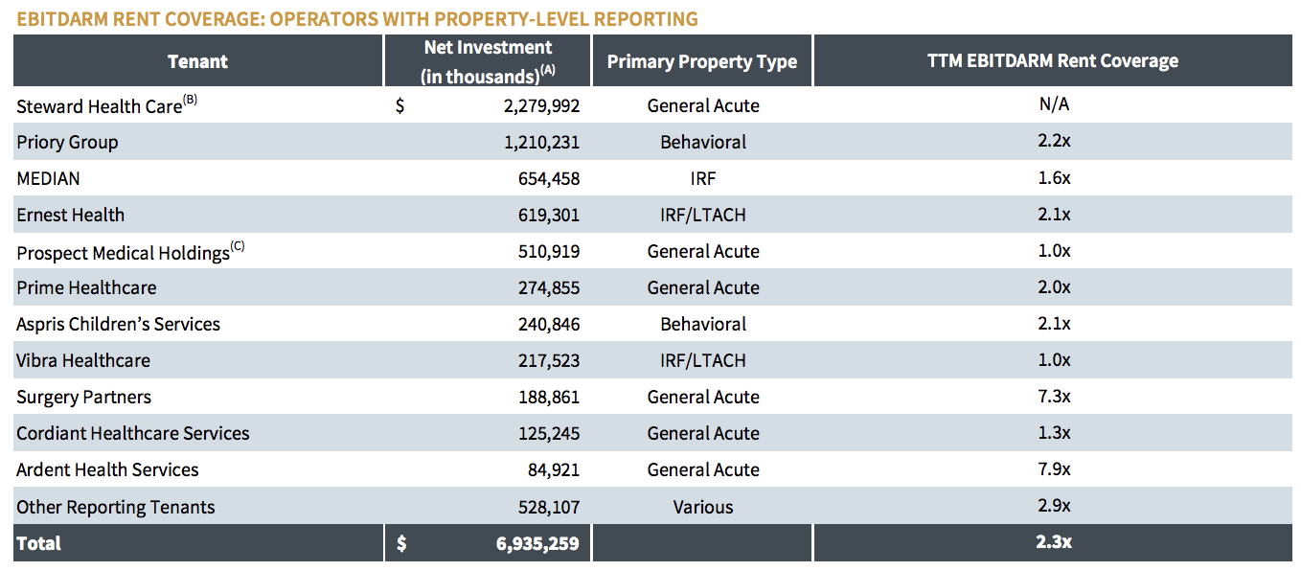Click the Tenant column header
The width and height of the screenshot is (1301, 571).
pyautogui.click(x=197, y=61)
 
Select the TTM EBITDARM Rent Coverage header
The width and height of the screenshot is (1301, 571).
pyautogui.click(x=1052, y=61)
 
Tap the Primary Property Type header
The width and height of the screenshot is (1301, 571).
pyautogui.click(x=701, y=61)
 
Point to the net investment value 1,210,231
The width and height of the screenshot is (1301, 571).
pyautogui.click(x=541, y=142)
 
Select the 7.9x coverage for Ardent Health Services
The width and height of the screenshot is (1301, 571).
pyautogui.click(x=1054, y=469)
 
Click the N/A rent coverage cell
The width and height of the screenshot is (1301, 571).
pyautogui.click(x=1054, y=104)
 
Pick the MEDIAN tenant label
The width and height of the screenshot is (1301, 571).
pyautogui.click(x=48, y=178)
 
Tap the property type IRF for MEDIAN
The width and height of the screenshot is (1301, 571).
pyautogui.click(x=702, y=178)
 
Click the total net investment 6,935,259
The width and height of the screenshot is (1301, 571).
pyautogui.click(x=537, y=543)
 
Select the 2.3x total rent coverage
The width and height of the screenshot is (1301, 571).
pyautogui.click(x=1054, y=542)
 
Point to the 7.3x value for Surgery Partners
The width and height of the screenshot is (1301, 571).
pyautogui.click(x=1054, y=397)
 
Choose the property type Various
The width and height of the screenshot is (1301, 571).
pyautogui.click(x=702, y=507)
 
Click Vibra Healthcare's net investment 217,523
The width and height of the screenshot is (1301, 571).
pyautogui.click(x=544, y=360)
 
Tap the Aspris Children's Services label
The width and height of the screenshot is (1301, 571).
pyautogui.click(x=118, y=324)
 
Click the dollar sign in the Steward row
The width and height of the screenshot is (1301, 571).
pyautogui.click(x=399, y=106)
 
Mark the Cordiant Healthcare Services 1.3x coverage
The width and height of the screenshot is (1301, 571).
pyautogui.click(x=1054, y=433)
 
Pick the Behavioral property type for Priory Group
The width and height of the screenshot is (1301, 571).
pyautogui.click(x=702, y=142)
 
